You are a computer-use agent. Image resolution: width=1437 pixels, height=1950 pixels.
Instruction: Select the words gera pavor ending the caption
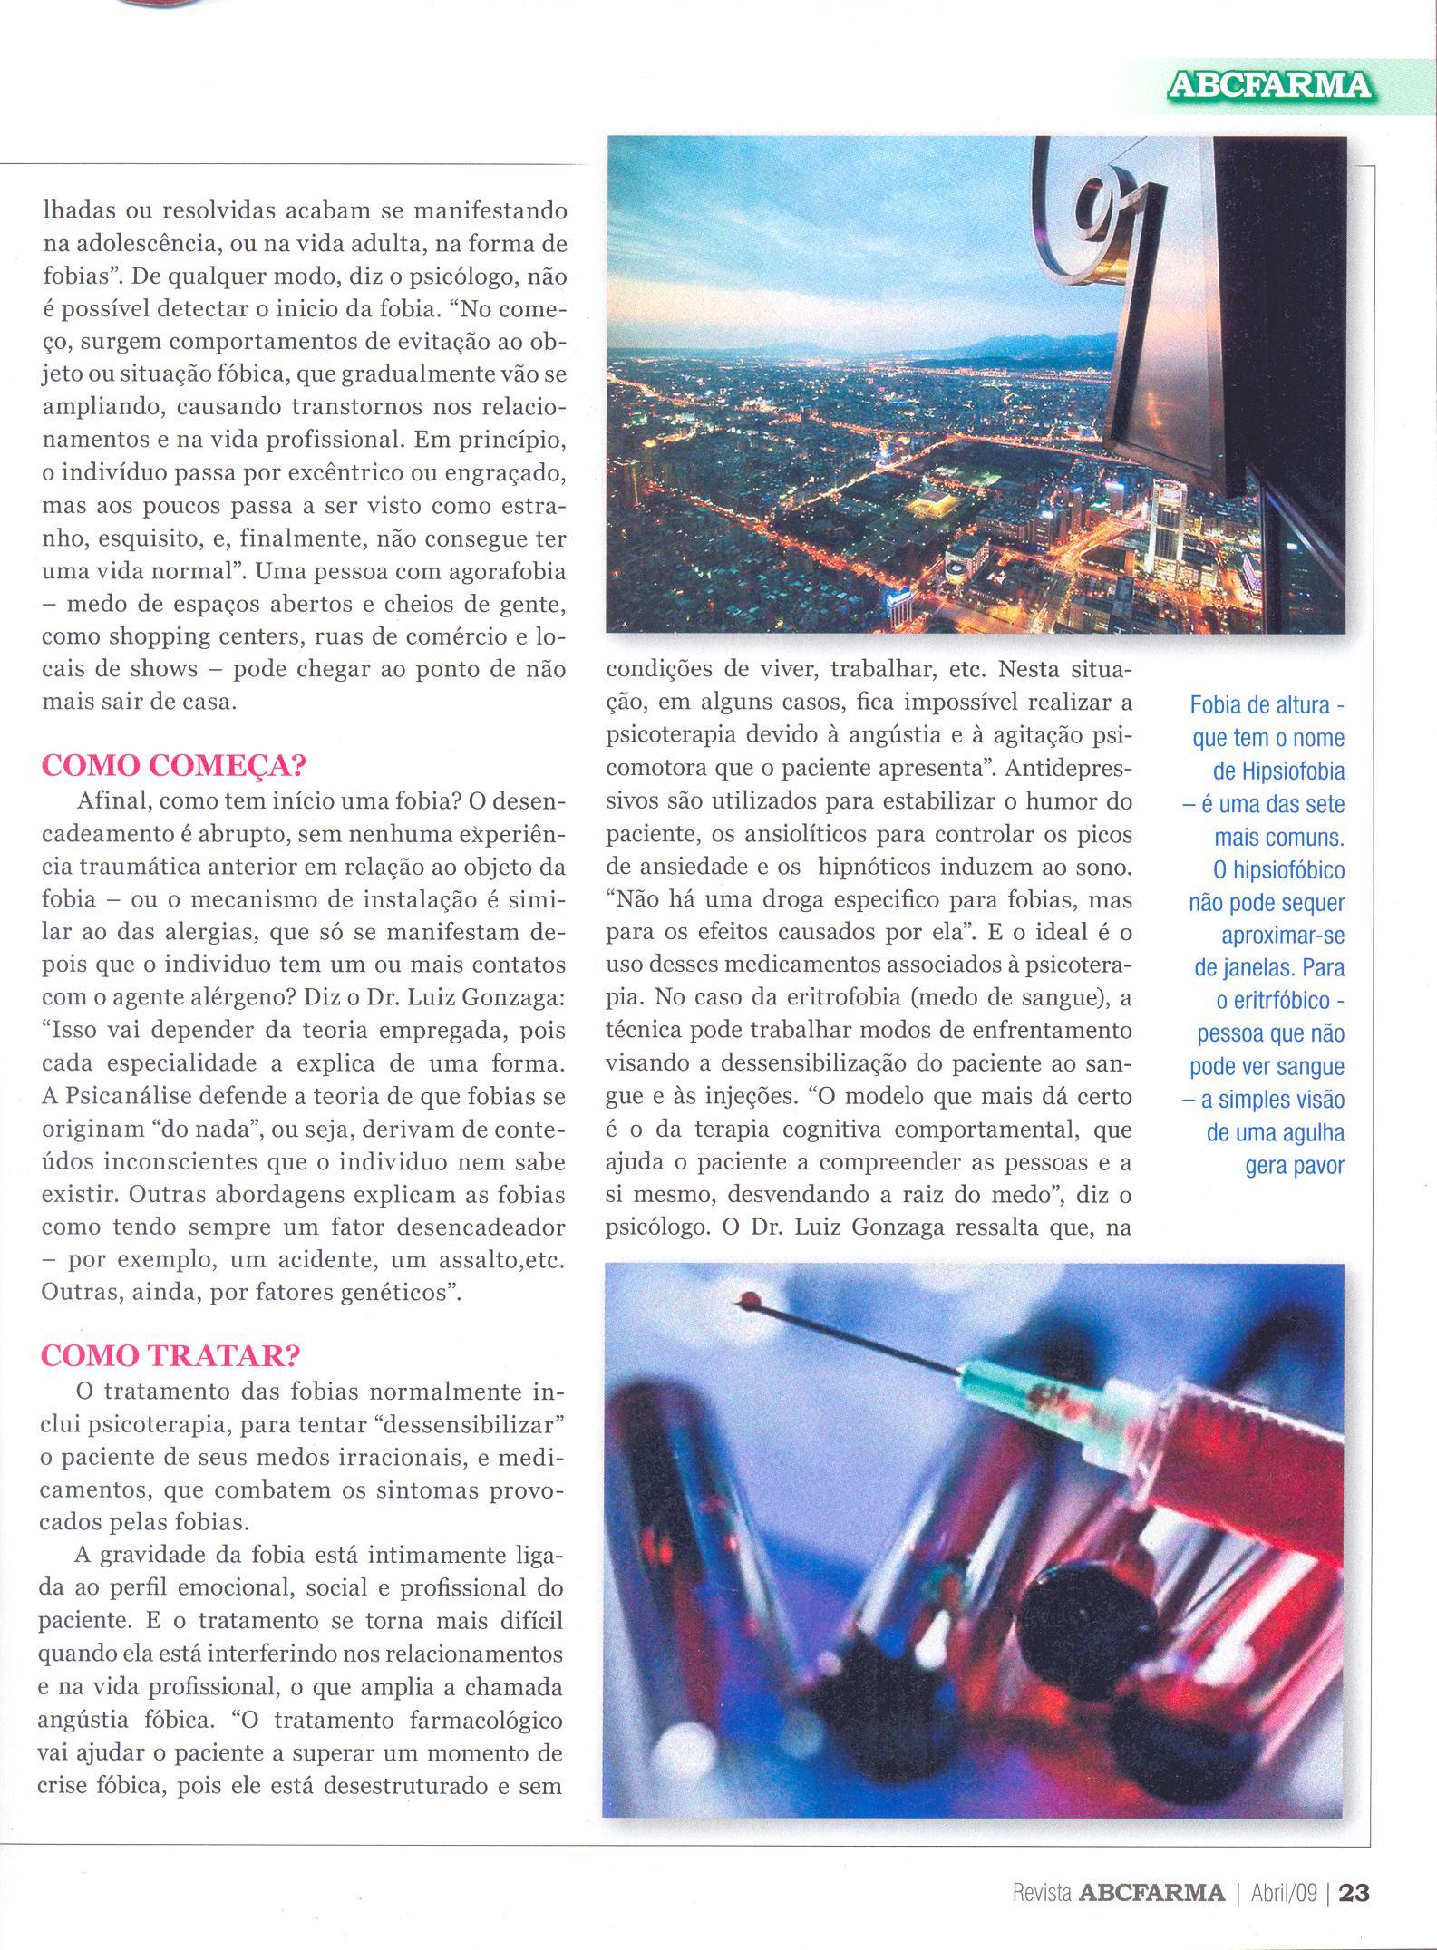click(x=1295, y=1166)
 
